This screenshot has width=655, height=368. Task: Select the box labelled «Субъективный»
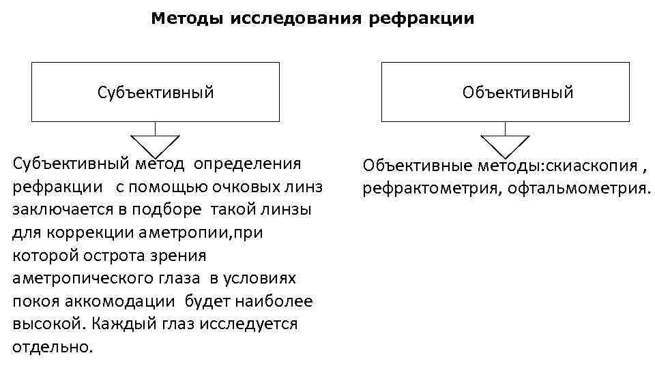coord(155,92)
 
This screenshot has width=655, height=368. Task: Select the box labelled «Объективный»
coord(505,92)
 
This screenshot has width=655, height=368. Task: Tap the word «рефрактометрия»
coord(431,188)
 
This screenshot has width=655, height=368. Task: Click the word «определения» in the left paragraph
coord(247,164)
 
